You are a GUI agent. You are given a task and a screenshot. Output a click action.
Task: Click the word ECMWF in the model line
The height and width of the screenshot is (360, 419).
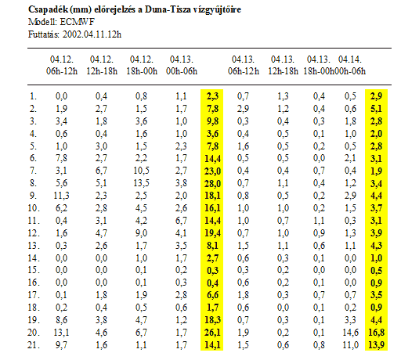click(x=77, y=22)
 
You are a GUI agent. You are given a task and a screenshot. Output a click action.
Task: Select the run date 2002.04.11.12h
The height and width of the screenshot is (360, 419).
click(x=92, y=34)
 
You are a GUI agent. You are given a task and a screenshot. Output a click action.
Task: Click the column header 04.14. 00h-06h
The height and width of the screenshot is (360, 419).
click(x=350, y=65)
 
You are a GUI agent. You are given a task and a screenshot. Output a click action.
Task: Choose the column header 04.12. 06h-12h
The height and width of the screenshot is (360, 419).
click(x=62, y=65)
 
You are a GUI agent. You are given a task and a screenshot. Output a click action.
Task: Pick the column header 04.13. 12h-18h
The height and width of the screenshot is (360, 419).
click(x=283, y=65)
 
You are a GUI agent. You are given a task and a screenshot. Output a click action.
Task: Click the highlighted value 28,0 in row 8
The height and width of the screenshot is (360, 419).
click(x=212, y=183)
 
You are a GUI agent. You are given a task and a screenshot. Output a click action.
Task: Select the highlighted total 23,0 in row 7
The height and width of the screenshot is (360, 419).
click(x=212, y=171)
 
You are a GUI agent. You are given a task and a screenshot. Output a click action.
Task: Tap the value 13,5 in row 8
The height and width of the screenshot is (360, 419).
click(x=141, y=183)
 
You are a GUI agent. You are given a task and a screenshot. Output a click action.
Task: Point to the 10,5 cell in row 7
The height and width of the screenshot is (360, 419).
click(x=141, y=171)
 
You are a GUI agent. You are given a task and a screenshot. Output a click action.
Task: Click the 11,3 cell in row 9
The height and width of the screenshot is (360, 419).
click(x=61, y=196)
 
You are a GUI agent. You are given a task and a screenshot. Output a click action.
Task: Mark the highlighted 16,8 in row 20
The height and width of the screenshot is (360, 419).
click(x=376, y=333)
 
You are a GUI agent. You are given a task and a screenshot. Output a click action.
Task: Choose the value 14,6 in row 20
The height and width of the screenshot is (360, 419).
click(x=350, y=333)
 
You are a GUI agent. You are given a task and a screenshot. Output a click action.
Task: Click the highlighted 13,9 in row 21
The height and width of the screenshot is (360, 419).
click(x=376, y=345)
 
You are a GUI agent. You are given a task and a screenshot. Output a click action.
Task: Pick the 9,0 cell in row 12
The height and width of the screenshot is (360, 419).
click(x=141, y=233)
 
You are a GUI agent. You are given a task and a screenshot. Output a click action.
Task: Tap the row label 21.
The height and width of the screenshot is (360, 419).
click(x=34, y=345)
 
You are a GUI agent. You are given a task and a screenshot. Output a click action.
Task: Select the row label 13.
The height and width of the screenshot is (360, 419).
click(x=34, y=246)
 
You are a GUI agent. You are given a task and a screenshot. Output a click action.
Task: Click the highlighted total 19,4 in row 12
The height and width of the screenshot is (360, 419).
click(x=212, y=233)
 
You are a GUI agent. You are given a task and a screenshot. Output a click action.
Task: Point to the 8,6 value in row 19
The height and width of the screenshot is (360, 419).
click(x=61, y=320)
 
